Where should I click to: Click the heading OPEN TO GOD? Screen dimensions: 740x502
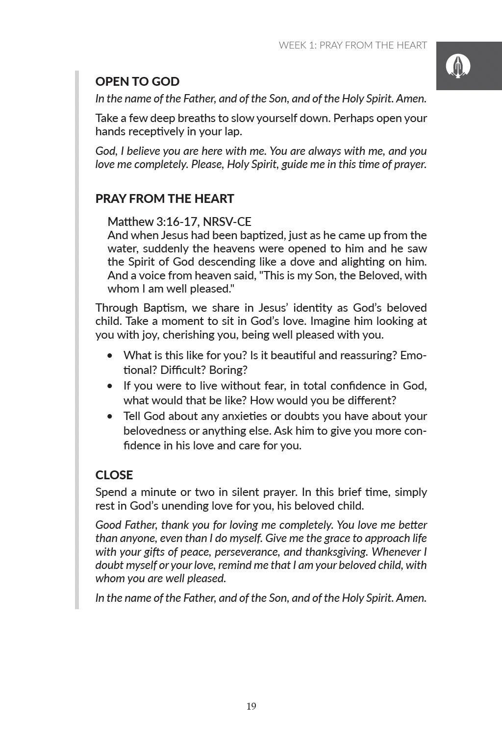coord(137,81)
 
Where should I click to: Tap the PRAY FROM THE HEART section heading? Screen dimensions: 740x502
coord(164,198)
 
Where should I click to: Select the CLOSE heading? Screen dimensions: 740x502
coord(114,475)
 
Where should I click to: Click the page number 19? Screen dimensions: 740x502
coord(251,706)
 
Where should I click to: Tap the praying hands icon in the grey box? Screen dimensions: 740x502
coord(458,66)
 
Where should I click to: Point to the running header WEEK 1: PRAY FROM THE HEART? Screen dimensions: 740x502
coord(352,46)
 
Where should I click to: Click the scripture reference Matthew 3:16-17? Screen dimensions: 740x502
coord(152,222)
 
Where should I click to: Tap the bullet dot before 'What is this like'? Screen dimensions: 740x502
coord(110,356)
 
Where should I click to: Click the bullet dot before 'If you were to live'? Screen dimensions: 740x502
coord(110,386)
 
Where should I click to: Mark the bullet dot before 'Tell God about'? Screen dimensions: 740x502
coord(110,417)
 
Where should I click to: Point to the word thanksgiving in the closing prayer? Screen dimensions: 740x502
coord(336,552)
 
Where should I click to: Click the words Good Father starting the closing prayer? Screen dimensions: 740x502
coord(126,525)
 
